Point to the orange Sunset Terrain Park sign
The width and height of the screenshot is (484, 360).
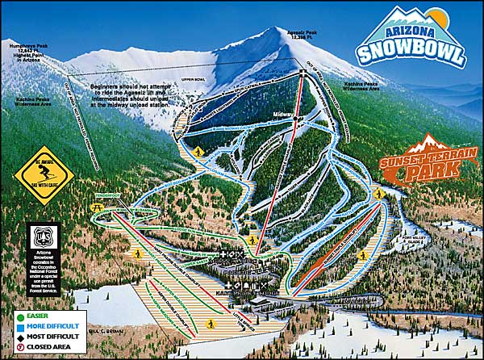click(424, 162)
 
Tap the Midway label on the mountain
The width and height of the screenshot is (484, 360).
click(282, 115)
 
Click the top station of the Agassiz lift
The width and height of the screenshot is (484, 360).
click(302, 73)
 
